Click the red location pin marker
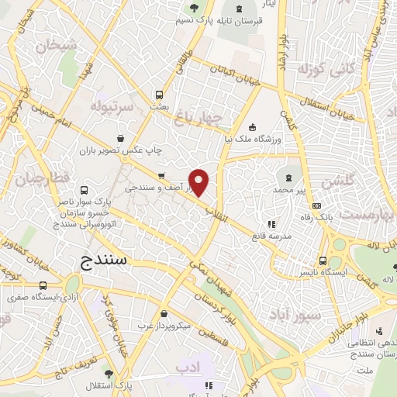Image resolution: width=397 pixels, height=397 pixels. [x=199, y=182]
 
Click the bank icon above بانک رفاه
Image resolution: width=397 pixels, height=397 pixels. [x=316, y=205]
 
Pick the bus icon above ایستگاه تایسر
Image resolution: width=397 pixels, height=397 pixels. [x=323, y=261]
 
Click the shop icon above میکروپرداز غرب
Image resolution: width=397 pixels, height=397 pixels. [x=164, y=313]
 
